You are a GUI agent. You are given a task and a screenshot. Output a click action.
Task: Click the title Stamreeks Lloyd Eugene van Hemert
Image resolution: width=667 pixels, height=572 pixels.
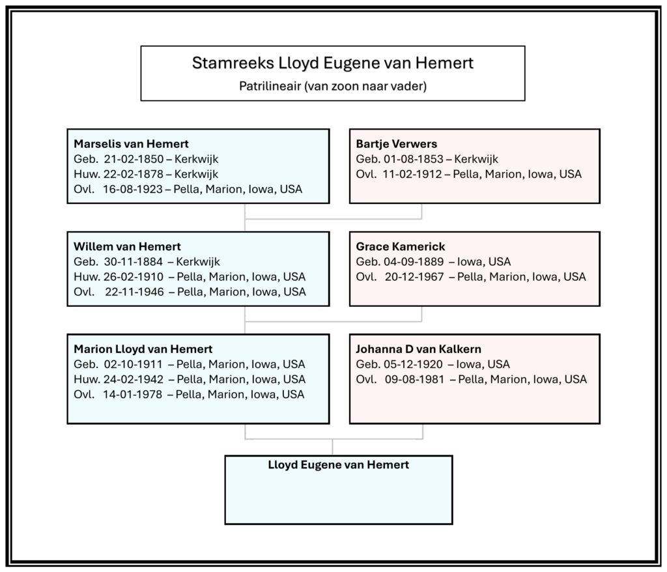coord(332,63)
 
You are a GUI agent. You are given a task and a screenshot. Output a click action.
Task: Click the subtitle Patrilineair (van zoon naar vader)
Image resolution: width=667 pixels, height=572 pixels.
coord(332,85)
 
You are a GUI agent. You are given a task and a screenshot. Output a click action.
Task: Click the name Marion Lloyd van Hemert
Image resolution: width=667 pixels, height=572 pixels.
coord(143,349)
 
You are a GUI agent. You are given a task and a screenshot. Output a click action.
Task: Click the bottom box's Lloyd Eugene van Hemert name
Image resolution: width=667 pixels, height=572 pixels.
coord(339,465)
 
